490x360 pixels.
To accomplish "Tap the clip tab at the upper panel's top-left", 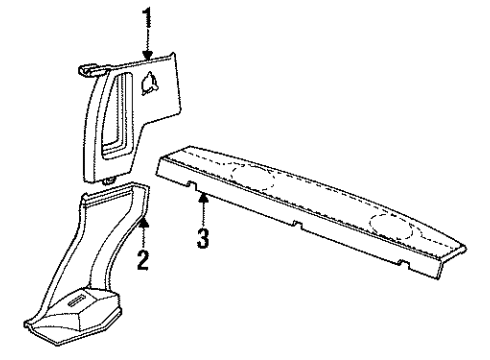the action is [x=91, y=69].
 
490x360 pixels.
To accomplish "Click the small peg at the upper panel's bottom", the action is [x=108, y=175].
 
